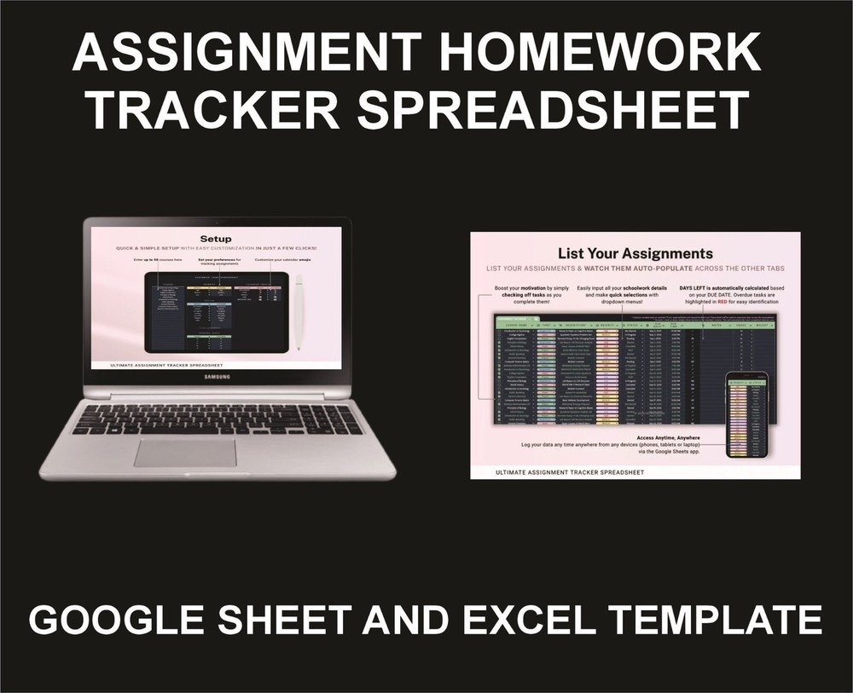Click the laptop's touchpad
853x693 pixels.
(x=185, y=453)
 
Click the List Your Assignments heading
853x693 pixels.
(x=635, y=253)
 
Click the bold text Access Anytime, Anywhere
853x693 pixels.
(x=635, y=436)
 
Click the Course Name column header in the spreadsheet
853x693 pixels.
(x=520, y=325)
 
